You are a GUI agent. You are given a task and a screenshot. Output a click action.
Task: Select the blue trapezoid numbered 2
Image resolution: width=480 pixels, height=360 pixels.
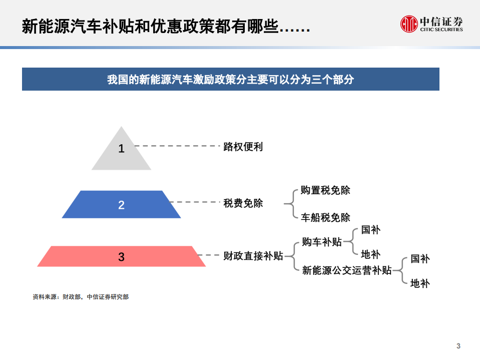pos(121,205)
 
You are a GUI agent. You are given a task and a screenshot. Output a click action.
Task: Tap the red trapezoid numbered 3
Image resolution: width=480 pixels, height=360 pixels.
pos(121,256)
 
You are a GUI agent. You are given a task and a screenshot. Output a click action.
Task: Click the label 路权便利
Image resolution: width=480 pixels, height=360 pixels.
pos(243,147)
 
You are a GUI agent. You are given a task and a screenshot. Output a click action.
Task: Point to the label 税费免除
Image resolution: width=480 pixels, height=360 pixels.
pos(243,203)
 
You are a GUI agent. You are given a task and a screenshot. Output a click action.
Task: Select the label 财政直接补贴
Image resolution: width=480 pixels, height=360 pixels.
pos(253,256)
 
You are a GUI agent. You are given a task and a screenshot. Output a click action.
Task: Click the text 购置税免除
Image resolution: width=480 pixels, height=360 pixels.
pos(325,191)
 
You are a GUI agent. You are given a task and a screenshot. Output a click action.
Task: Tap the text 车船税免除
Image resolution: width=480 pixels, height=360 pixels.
pos(325,218)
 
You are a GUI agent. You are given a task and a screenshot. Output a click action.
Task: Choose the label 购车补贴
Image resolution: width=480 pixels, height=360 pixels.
pos(322,242)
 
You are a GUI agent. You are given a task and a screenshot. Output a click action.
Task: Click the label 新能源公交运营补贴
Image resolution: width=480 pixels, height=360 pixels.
pos(347,270)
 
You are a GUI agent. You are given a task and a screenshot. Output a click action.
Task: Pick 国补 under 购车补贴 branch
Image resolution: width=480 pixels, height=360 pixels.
pos(370,230)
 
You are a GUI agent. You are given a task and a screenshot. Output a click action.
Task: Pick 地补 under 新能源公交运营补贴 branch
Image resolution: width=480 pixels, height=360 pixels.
pos(420,283)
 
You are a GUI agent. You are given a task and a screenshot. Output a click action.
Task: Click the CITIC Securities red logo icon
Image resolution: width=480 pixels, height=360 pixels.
pos(409,24)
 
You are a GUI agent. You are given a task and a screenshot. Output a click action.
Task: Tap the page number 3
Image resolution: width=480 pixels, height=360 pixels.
pos(458,346)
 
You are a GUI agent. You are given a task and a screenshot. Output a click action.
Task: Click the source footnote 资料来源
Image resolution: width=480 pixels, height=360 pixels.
pos(80,297)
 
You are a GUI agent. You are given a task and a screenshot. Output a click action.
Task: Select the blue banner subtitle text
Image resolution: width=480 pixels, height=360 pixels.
pos(230,80)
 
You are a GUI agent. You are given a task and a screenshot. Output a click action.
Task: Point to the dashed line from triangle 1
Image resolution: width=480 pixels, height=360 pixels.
pos(178,146)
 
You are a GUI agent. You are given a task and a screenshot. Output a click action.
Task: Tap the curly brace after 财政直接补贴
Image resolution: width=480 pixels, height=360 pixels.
pos(291,256)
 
